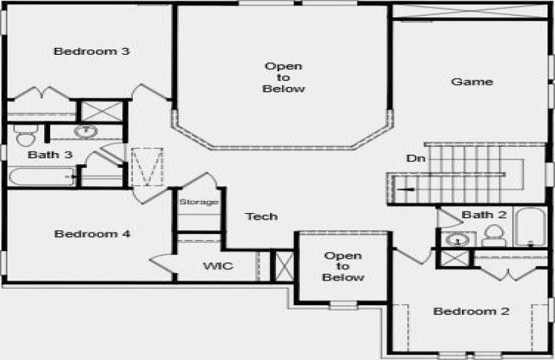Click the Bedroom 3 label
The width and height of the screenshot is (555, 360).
(x=91, y=51)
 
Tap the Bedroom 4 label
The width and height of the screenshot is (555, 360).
(x=92, y=234)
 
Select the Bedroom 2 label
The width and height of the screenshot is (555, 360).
(x=471, y=311)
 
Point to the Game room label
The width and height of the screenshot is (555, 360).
(x=472, y=82)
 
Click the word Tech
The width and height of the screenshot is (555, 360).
(x=262, y=216)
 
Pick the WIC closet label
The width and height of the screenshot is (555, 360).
(x=218, y=265)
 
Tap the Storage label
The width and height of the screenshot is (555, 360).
(x=199, y=202)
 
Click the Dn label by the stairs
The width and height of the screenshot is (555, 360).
(x=416, y=158)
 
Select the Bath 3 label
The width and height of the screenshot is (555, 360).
(x=50, y=154)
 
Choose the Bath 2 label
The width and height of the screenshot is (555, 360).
(x=484, y=214)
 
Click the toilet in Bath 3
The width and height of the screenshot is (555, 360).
(x=25, y=135)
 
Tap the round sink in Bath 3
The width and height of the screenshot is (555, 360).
(x=85, y=131)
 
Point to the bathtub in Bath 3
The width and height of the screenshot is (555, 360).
(x=42, y=177)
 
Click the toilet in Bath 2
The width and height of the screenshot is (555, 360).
(x=493, y=235)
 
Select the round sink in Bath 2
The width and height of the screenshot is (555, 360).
(x=457, y=240)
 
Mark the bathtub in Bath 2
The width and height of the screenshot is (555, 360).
(x=530, y=226)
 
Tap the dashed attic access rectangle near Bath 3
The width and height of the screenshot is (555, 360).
(x=147, y=166)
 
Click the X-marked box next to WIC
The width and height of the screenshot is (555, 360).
(x=284, y=265)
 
